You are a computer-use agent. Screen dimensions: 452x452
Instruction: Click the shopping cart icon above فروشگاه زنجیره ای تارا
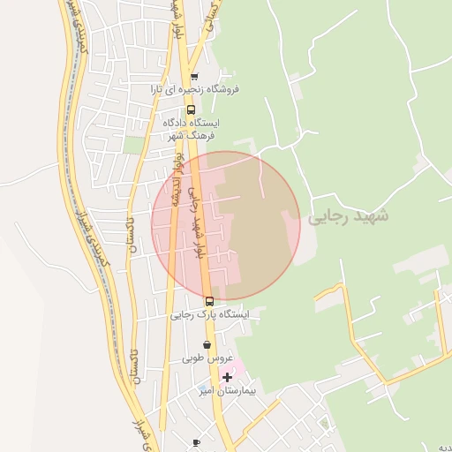(x=194, y=77)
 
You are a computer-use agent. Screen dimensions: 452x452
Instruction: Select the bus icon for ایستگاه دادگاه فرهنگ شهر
(x=192, y=110)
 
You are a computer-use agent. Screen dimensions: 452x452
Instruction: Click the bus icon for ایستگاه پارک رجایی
(x=209, y=301)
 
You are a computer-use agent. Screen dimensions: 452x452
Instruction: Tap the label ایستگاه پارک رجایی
(x=210, y=314)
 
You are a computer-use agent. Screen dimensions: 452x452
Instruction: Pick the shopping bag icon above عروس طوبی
(x=207, y=345)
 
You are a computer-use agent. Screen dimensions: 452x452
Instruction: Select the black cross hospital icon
(x=227, y=377)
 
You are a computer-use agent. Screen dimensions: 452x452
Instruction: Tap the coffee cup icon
(x=196, y=442)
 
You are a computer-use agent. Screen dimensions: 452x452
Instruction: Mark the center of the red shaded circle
(x=226, y=226)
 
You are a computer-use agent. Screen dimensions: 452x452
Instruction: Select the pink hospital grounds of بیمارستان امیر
(x=241, y=366)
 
